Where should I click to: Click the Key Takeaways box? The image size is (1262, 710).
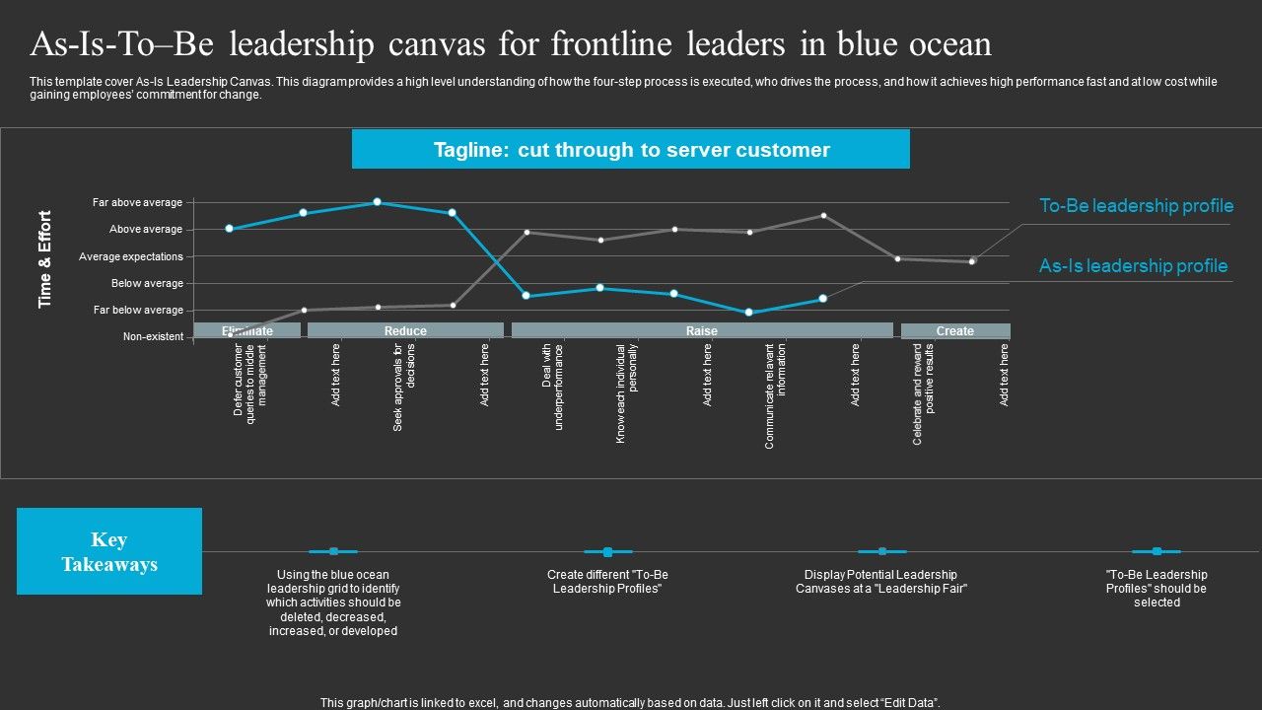[109, 551]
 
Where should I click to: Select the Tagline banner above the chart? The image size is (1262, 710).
[631, 150]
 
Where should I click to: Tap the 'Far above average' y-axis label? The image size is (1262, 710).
[137, 203]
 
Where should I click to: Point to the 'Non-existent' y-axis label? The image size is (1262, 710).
[153, 337]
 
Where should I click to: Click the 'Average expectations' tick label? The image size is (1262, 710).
[131, 256]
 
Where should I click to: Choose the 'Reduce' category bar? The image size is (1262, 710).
[405, 331]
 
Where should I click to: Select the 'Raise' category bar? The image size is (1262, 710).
[702, 331]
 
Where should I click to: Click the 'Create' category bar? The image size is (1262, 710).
[954, 331]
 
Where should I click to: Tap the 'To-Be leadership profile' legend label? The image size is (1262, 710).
[1136, 206]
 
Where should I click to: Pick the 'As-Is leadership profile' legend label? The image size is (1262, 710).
[1133, 266]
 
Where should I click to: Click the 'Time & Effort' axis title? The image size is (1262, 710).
[45, 259]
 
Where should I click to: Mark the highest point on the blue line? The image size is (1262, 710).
[378, 202]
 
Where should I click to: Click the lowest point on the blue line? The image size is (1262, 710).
[749, 313]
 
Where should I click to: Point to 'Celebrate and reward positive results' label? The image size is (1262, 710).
[923, 393]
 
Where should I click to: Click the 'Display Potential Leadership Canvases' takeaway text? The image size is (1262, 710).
[880, 582]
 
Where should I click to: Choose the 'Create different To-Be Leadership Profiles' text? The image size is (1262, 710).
[607, 582]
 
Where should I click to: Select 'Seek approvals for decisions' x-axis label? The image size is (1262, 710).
[404, 388]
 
